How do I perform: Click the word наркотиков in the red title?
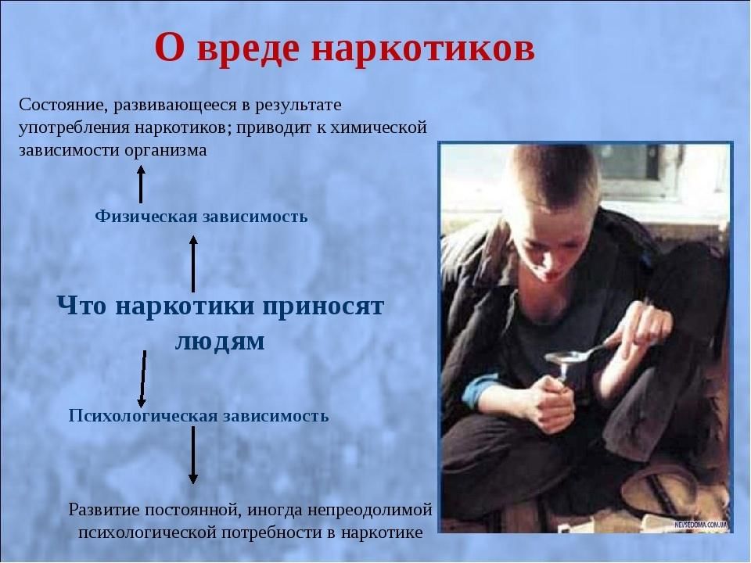pos(423,48)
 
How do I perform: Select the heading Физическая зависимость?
pos(201,217)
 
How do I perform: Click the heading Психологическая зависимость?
pos(199,415)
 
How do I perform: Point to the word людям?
pos(219,342)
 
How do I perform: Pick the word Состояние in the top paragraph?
pos(63,104)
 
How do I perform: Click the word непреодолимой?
pos(370,509)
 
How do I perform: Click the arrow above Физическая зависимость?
pos(141,185)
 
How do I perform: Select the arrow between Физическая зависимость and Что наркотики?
pos(193,264)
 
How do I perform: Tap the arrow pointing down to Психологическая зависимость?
pos(142,378)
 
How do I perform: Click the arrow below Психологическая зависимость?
pos(192,454)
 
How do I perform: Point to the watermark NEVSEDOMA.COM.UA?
pos(701,525)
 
